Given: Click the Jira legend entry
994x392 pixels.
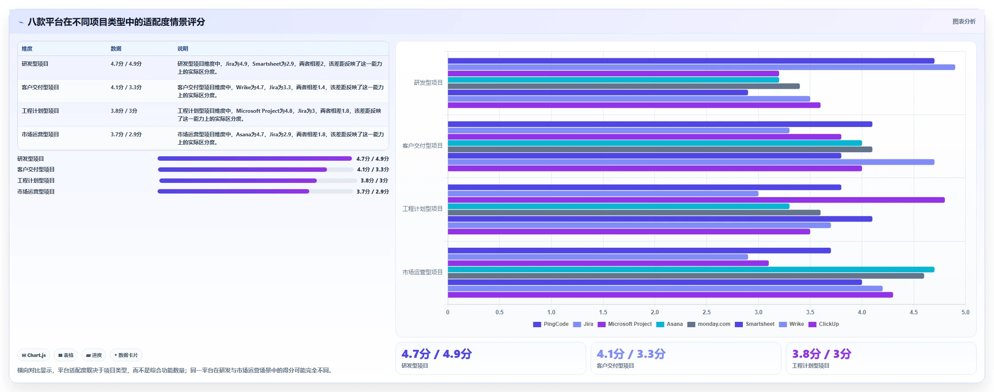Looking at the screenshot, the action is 583,324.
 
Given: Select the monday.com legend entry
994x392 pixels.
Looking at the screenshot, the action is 709,324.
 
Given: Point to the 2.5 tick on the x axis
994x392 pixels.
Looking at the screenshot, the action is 706,312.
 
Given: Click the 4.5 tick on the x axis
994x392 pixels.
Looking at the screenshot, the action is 914,312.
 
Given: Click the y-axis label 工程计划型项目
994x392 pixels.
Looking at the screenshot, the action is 422,209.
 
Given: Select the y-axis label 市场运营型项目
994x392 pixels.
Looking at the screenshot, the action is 422,272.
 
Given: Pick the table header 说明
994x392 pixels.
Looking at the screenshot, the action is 183,49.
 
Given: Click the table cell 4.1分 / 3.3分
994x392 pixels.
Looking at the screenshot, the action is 126,87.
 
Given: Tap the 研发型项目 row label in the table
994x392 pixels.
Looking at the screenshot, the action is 35,64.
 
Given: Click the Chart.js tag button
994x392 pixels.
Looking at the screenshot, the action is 34,355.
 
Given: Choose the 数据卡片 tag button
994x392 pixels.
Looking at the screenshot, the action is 126,355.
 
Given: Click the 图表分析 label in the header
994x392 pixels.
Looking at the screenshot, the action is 964,21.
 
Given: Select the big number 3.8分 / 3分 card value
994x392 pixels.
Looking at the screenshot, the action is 821,354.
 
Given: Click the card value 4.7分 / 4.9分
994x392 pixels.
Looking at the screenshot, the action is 437,354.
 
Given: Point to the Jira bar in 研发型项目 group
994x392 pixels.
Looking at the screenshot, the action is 701,67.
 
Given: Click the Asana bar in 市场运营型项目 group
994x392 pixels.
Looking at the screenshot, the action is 691,269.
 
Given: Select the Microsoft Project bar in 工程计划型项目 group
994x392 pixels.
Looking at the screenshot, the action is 696,200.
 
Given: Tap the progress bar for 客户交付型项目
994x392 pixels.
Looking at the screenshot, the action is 256,170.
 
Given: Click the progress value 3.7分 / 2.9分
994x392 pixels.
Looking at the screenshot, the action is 373,192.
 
